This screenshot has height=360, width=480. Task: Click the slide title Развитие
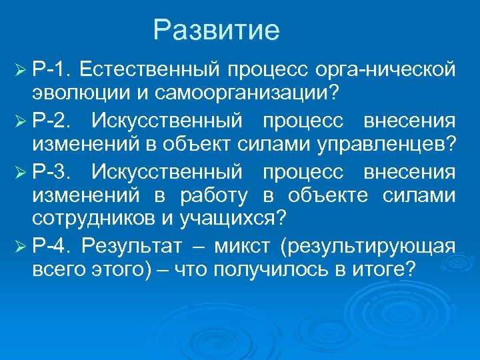(x=216, y=31)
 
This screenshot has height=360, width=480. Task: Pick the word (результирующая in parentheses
(x=369, y=247)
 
